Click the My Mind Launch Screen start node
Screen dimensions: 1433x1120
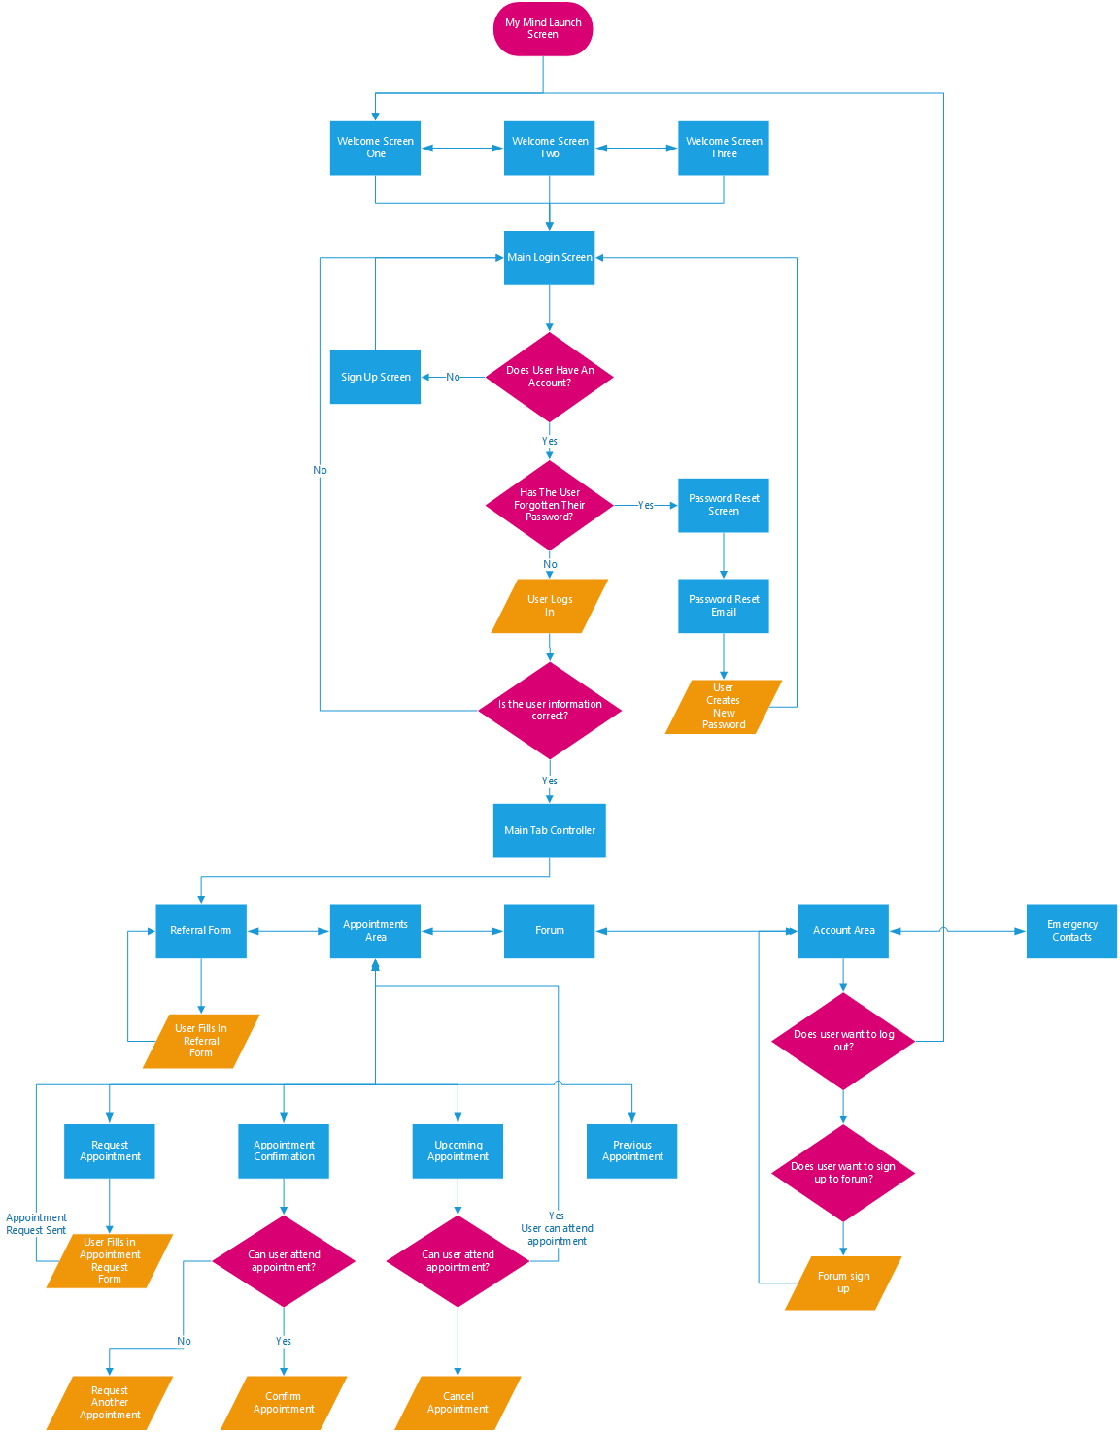(543, 29)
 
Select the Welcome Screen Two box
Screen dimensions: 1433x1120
(550, 148)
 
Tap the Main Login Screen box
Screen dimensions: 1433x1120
(550, 258)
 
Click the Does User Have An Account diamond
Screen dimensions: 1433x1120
(550, 377)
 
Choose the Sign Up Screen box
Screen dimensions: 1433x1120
(375, 377)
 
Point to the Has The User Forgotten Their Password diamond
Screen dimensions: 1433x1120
(550, 505)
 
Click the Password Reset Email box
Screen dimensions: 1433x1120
(724, 606)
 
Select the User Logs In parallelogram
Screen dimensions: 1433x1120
(550, 606)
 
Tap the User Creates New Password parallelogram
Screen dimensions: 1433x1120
(724, 707)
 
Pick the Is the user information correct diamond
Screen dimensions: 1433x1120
(550, 711)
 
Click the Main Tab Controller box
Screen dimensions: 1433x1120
(550, 830)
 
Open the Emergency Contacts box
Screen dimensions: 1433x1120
(1071, 931)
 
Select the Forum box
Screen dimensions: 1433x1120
(550, 931)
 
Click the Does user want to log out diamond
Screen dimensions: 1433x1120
(843, 1041)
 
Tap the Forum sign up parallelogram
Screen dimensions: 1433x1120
(843, 1283)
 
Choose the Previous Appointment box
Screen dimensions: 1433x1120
(632, 1151)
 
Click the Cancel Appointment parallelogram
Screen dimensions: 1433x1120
(458, 1403)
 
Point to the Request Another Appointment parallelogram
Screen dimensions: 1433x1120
(110, 1403)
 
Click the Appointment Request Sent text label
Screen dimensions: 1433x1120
(37, 1224)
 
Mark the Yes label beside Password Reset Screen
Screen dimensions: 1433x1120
(646, 505)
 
